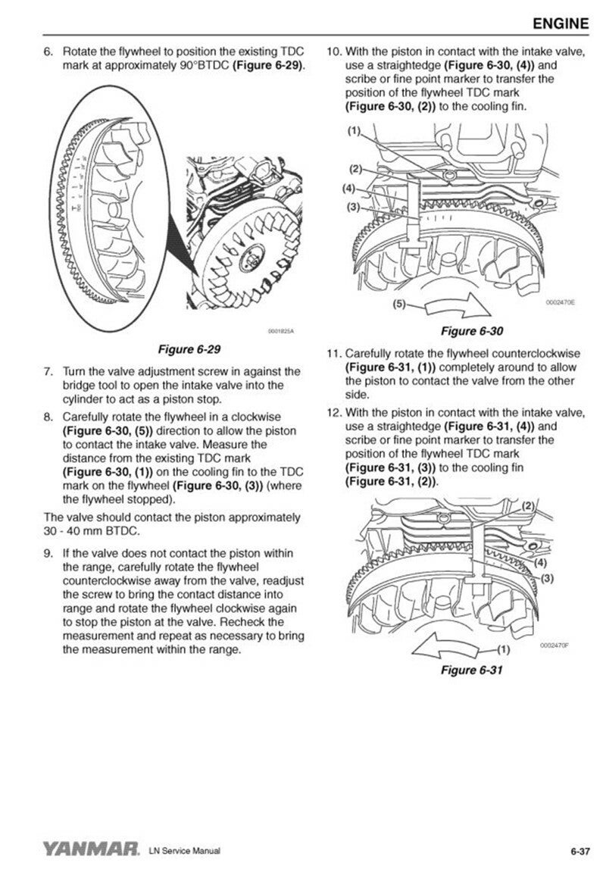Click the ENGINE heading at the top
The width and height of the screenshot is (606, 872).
[560, 23]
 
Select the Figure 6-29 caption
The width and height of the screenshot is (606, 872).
[188, 349]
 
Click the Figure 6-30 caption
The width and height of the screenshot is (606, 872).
[472, 331]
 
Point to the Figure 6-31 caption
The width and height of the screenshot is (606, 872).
[472, 670]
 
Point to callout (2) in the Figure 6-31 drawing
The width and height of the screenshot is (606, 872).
[528, 505]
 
